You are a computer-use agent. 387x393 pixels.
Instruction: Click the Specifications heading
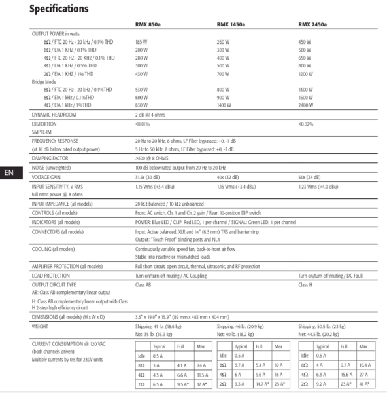[59, 9]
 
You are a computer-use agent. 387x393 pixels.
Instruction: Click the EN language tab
[9, 173]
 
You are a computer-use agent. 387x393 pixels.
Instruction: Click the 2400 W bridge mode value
[307, 105]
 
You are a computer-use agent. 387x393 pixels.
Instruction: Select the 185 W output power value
[142, 41]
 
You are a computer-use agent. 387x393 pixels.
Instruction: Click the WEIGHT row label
[42, 325]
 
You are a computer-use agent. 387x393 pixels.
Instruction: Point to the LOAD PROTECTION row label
[52, 276]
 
